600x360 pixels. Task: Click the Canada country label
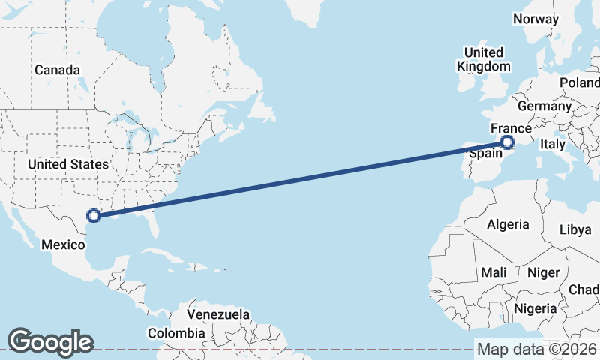point(57,70)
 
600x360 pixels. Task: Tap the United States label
point(67,163)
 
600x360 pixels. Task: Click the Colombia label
point(175,332)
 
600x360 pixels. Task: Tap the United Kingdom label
point(483,59)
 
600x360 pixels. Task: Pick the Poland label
point(580,82)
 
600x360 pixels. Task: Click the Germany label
point(544,106)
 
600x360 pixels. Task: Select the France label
point(511,128)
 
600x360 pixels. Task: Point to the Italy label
point(553,143)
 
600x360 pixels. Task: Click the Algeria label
point(508,223)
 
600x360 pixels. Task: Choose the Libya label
point(575,229)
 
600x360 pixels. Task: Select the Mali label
point(494,271)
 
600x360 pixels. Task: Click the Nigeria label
point(535,307)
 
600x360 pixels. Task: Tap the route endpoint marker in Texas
point(93,216)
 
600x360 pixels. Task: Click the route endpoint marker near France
point(507,142)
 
